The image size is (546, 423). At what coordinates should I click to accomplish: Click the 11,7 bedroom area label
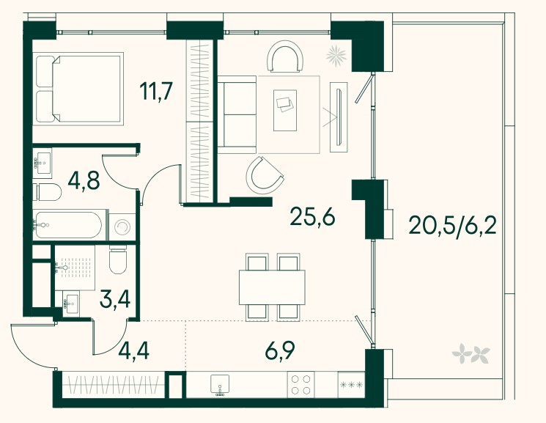(x=156, y=92)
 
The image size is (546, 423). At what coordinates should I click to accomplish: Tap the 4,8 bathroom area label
(x=84, y=181)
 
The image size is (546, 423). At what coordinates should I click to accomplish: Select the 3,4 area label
(x=115, y=299)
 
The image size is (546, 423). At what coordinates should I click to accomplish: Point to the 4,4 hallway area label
(x=133, y=350)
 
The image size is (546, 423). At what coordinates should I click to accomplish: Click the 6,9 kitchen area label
(x=280, y=350)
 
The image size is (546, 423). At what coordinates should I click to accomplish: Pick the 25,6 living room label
(x=312, y=217)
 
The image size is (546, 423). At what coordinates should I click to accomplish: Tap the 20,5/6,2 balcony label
(x=453, y=225)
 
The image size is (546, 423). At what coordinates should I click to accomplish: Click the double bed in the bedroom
(x=79, y=89)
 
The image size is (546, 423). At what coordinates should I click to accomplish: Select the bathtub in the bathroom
(x=69, y=225)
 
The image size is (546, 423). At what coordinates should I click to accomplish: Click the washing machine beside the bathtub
(x=122, y=227)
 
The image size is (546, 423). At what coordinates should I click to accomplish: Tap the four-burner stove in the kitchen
(x=300, y=384)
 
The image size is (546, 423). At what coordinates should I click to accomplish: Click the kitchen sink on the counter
(x=220, y=385)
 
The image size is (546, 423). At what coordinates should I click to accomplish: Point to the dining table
(x=272, y=287)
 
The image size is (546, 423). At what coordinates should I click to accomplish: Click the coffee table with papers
(x=285, y=110)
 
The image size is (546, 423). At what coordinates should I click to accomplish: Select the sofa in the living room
(x=237, y=114)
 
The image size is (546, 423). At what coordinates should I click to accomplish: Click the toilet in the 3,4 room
(x=118, y=260)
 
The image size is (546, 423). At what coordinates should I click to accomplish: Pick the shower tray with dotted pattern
(x=75, y=268)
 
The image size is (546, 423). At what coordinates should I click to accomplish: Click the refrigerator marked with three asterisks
(x=351, y=385)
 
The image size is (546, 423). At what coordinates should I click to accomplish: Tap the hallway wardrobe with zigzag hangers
(x=114, y=385)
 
